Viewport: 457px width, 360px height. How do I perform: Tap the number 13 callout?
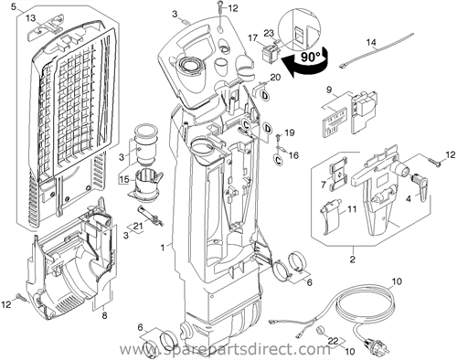click(x=29, y=18)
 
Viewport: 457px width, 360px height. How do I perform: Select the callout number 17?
click(x=253, y=37)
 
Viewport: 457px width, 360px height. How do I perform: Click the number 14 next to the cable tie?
click(x=372, y=43)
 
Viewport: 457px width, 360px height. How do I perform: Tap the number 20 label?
click(x=275, y=79)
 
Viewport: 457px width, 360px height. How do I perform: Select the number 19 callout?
click(x=290, y=133)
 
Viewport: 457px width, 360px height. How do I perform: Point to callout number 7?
click(x=319, y=185)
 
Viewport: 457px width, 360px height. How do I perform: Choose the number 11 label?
click(x=350, y=210)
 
